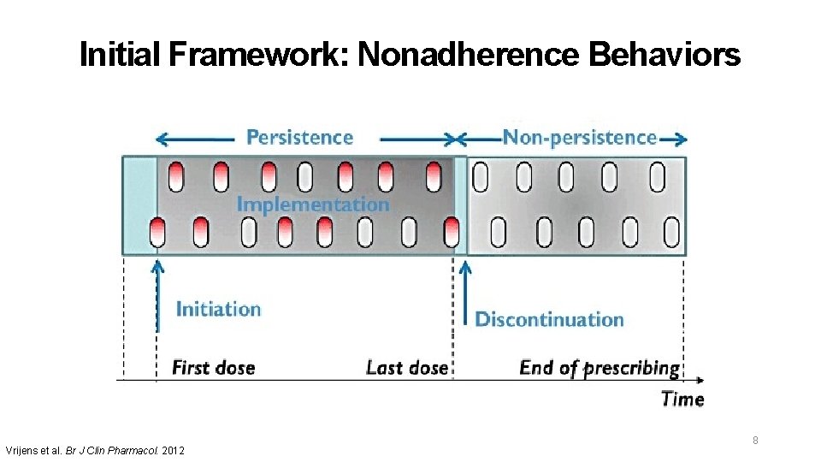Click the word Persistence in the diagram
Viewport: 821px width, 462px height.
pyautogui.click(x=299, y=137)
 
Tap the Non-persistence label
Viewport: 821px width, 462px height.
pyautogui.click(x=579, y=137)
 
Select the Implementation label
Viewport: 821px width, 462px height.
pyautogui.click(x=312, y=204)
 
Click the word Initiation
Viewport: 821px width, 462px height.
pyautogui.click(x=218, y=309)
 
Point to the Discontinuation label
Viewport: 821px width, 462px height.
pyautogui.click(x=549, y=320)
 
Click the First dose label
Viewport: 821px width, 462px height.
pyautogui.click(x=214, y=368)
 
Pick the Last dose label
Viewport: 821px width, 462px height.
pyautogui.click(x=406, y=368)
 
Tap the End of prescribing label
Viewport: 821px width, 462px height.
pyautogui.click(x=600, y=368)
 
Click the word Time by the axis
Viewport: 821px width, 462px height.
pyautogui.click(x=682, y=399)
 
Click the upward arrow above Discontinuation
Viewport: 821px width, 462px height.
pyautogui.click(x=464, y=291)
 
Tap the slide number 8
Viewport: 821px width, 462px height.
pyautogui.click(x=755, y=441)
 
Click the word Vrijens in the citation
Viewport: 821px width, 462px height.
pyautogui.click(x=22, y=450)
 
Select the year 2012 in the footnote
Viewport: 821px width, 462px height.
pyautogui.click(x=172, y=450)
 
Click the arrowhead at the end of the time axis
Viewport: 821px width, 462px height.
pyautogui.click(x=700, y=379)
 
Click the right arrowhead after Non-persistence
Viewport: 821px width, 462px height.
pyautogui.click(x=682, y=139)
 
